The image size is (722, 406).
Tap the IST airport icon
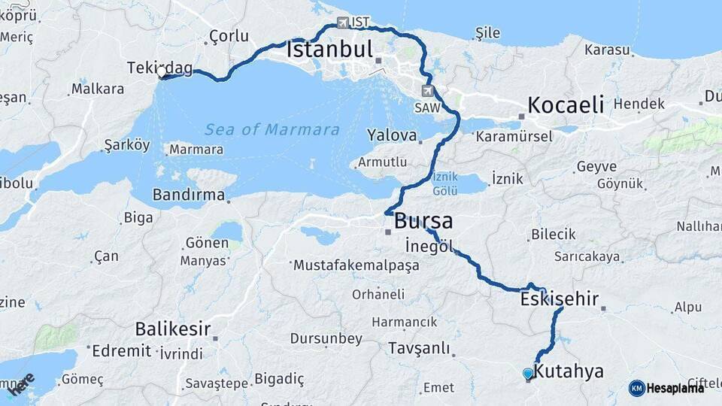point(343,23)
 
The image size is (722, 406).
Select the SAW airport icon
point(429,92)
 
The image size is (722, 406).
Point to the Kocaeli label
point(566,105)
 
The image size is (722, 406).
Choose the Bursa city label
point(423,221)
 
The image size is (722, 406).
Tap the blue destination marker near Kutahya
point(528,374)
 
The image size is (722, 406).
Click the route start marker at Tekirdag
point(161,74)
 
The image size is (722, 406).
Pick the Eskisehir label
point(559,299)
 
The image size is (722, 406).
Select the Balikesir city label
point(172,329)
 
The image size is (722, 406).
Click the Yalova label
point(392,135)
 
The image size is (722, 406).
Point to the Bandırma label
point(188,195)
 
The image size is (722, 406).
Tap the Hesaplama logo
point(666,388)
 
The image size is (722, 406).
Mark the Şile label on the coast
point(487,33)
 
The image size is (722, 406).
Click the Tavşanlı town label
point(419,348)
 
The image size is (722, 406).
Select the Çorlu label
point(229,35)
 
